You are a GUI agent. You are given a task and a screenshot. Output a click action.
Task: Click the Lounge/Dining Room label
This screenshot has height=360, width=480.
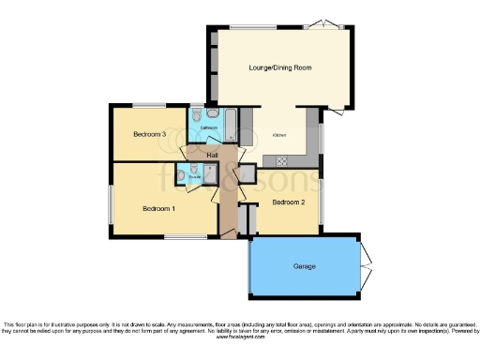(280, 67)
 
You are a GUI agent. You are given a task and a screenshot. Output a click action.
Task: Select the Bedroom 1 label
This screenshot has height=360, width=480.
(158, 208)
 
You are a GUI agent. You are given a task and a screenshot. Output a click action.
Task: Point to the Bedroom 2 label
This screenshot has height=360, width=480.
(289, 202)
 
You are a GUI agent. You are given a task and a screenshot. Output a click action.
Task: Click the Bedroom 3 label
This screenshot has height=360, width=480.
(150, 134)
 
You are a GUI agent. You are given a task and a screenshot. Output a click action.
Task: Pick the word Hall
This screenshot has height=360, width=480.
(213, 155)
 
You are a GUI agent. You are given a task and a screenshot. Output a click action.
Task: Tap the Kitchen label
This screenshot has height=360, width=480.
(279, 135)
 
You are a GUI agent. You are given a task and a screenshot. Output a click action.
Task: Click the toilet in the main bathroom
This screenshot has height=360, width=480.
(197, 113)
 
